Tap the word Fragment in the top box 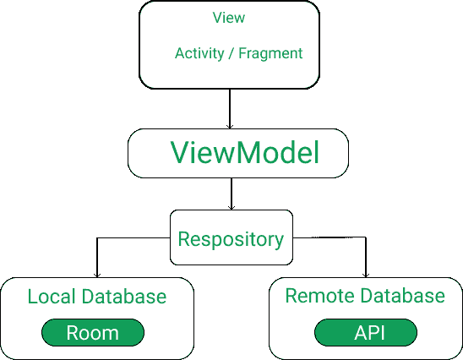point(270,53)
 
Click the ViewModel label point(245,153)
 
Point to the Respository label point(231,239)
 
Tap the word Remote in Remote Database point(319,296)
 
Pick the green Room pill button point(93,333)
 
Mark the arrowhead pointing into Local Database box point(97,274)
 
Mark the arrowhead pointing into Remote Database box point(365,274)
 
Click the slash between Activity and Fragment point(231,53)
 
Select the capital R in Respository point(184,239)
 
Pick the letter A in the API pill point(359,333)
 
